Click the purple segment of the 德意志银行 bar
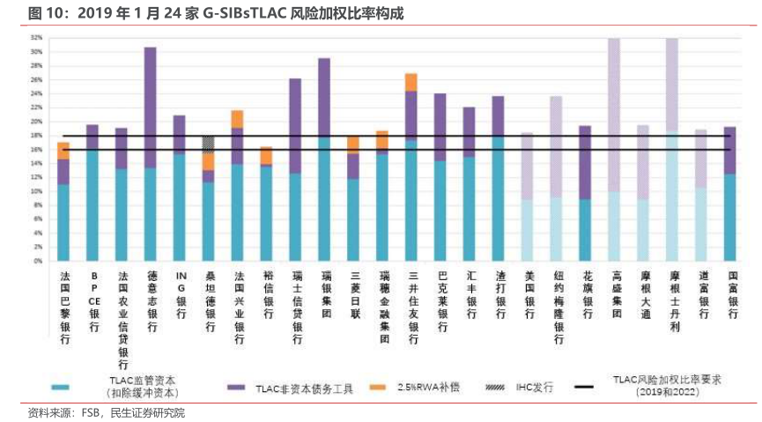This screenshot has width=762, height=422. point(150,107)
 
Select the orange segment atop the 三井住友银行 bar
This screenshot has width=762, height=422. point(411,82)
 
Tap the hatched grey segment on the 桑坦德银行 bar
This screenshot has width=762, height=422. point(208,144)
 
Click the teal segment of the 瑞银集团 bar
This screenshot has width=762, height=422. point(324,199)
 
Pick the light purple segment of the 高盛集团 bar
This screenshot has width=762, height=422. point(614,115)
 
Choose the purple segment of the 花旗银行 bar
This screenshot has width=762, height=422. point(585,162)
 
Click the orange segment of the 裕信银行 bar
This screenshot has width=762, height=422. point(266,155)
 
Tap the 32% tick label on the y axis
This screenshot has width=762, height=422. point(37,38)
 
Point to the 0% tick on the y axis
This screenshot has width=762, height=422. point(39,261)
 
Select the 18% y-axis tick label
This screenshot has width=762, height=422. point(37,136)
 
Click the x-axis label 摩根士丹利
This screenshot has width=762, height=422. point(672,300)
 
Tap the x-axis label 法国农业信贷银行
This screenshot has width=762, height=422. point(122,319)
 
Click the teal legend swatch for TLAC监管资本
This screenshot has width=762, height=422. point(61,387)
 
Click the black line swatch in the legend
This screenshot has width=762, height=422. point(585,387)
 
